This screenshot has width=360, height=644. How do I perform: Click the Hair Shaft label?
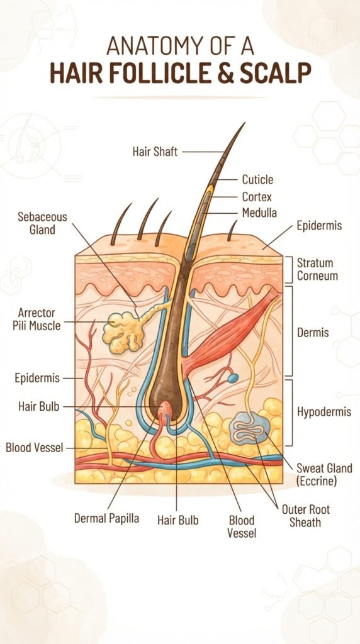(155, 152)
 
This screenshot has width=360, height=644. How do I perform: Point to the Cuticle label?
(257, 179)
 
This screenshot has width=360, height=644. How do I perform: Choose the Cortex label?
(257, 197)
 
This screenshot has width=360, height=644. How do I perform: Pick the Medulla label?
(259, 213)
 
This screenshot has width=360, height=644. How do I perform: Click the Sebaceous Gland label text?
(42, 223)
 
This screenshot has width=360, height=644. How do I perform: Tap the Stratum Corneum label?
(317, 269)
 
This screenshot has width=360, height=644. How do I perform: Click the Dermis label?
(313, 332)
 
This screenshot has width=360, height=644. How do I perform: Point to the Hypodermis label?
(324, 412)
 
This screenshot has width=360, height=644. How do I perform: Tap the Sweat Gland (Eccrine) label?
(324, 474)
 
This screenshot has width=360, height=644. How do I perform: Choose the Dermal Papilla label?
(106, 518)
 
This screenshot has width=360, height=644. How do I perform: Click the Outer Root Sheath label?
(306, 516)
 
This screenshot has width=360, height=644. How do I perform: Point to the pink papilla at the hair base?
(166, 409)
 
